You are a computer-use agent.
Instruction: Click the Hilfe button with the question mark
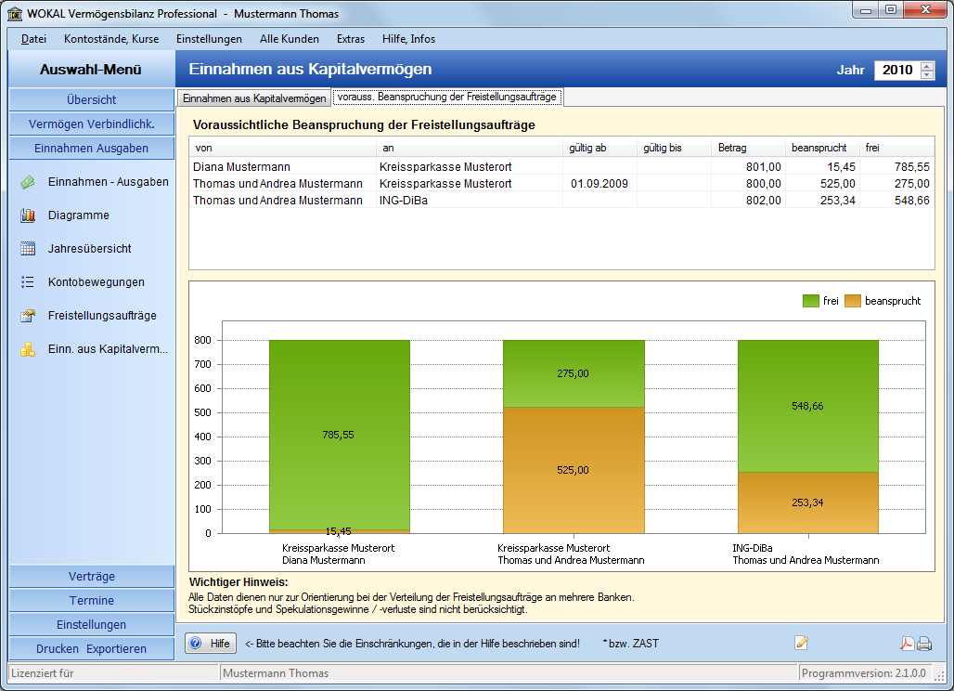pyautogui.click(x=211, y=644)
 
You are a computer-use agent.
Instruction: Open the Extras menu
pyautogui.click(x=351, y=39)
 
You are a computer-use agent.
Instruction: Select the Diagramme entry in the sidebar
pyautogui.click(x=79, y=215)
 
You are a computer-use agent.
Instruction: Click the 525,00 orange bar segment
pyautogui.click(x=574, y=470)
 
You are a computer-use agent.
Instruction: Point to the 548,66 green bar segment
pyautogui.click(x=808, y=406)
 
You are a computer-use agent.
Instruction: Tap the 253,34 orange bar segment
pyautogui.click(x=808, y=502)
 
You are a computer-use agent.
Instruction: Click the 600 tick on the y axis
pyautogui.click(x=202, y=388)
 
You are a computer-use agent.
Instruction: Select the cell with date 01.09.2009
pyautogui.click(x=599, y=184)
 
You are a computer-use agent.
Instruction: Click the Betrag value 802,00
pyautogui.click(x=763, y=201)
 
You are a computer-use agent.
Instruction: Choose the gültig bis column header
pyautogui.click(x=663, y=148)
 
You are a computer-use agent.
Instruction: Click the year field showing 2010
pyautogui.click(x=897, y=70)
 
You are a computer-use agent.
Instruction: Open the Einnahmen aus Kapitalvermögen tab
pyautogui.click(x=254, y=98)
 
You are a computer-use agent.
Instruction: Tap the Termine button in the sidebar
pyautogui.click(x=91, y=600)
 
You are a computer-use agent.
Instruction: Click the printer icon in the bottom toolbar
pyautogui.click(x=925, y=644)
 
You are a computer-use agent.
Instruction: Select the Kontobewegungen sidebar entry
pyautogui.click(x=97, y=281)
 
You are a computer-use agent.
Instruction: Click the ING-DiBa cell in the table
pyautogui.click(x=404, y=201)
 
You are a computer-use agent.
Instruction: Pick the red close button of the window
pyautogui.click(x=925, y=9)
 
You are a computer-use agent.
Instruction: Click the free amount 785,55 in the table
pyautogui.click(x=911, y=167)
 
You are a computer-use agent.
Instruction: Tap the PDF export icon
pyautogui.click(x=908, y=644)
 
